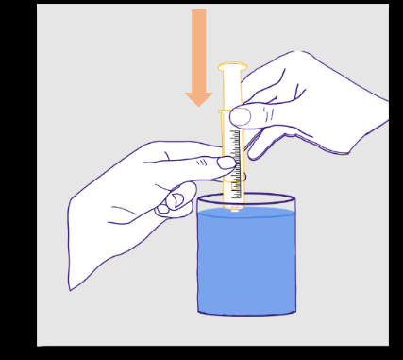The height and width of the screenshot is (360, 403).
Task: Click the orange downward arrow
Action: [198, 57]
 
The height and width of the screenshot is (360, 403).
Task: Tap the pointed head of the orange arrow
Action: [198, 98]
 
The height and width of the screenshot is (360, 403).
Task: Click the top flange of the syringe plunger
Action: [232, 67]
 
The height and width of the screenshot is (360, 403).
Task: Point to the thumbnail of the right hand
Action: [241, 116]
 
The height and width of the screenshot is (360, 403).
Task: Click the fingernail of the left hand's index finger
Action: [227, 163]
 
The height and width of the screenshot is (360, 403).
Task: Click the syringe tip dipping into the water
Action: [234, 207]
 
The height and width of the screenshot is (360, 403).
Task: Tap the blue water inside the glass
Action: [246, 265]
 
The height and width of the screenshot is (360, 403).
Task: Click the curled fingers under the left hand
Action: [175, 201]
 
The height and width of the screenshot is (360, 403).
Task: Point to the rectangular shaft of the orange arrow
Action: [198, 47]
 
